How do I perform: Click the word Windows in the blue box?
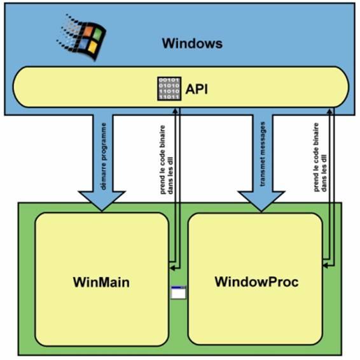pyautogui.click(x=192, y=43)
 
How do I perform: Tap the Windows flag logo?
pyautogui.click(x=81, y=37)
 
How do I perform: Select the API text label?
pyautogui.click(x=197, y=89)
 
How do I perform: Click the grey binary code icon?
pyautogui.click(x=169, y=88)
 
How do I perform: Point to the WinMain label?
pyautogui.click(x=101, y=282)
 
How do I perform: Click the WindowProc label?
pyautogui.click(x=257, y=282)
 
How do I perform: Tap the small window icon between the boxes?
pyautogui.click(x=178, y=293)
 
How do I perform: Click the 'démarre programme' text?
pyautogui.click(x=104, y=156)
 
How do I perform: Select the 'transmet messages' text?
pyautogui.click(x=262, y=154)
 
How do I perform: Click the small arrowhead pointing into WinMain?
pyautogui.click(x=172, y=268)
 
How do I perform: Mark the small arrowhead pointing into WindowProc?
pyautogui.click(x=325, y=266)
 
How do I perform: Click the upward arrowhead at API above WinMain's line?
pyautogui.click(x=176, y=111)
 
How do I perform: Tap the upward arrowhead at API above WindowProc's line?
pyautogui.click(x=329, y=111)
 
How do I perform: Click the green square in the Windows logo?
pyautogui.click(x=97, y=34)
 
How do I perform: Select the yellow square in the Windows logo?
pyautogui.click(x=92, y=46)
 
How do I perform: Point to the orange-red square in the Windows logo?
pyautogui.click(x=88, y=31)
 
